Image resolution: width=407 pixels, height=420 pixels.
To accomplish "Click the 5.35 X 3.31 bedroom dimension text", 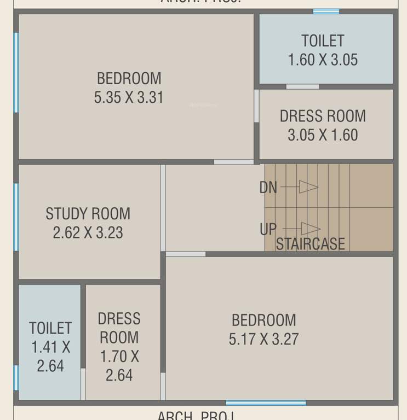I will click(x=129, y=98).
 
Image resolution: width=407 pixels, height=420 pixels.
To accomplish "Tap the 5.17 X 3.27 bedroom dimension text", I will click(x=263, y=339).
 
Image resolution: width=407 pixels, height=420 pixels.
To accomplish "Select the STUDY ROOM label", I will click(x=88, y=213).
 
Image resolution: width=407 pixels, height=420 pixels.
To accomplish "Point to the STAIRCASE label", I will click(x=311, y=244).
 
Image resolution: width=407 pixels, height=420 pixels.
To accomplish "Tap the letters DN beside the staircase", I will click(x=268, y=188).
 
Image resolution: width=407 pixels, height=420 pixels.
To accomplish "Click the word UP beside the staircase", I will click(x=268, y=229).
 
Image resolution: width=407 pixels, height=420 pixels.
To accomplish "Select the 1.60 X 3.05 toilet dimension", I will click(x=323, y=60).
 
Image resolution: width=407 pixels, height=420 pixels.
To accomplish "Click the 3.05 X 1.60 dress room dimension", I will click(x=323, y=135).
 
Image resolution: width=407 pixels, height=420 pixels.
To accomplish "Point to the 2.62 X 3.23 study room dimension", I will click(x=88, y=232).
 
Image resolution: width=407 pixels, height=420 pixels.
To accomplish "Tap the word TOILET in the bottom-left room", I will click(x=50, y=328).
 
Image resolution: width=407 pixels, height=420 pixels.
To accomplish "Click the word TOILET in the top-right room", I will click(x=323, y=41).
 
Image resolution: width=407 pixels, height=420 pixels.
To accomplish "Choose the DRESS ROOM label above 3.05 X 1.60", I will click(x=323, y=116).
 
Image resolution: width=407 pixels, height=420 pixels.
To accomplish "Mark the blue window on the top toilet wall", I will click(x=326, y=11).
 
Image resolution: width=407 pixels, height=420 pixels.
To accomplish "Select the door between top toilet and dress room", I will click(x=302, y=86).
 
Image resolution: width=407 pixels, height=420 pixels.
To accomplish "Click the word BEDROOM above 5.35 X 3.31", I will click(x=129, y=79).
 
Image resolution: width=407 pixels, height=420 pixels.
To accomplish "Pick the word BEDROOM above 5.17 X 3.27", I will click(x=263, y=320).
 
